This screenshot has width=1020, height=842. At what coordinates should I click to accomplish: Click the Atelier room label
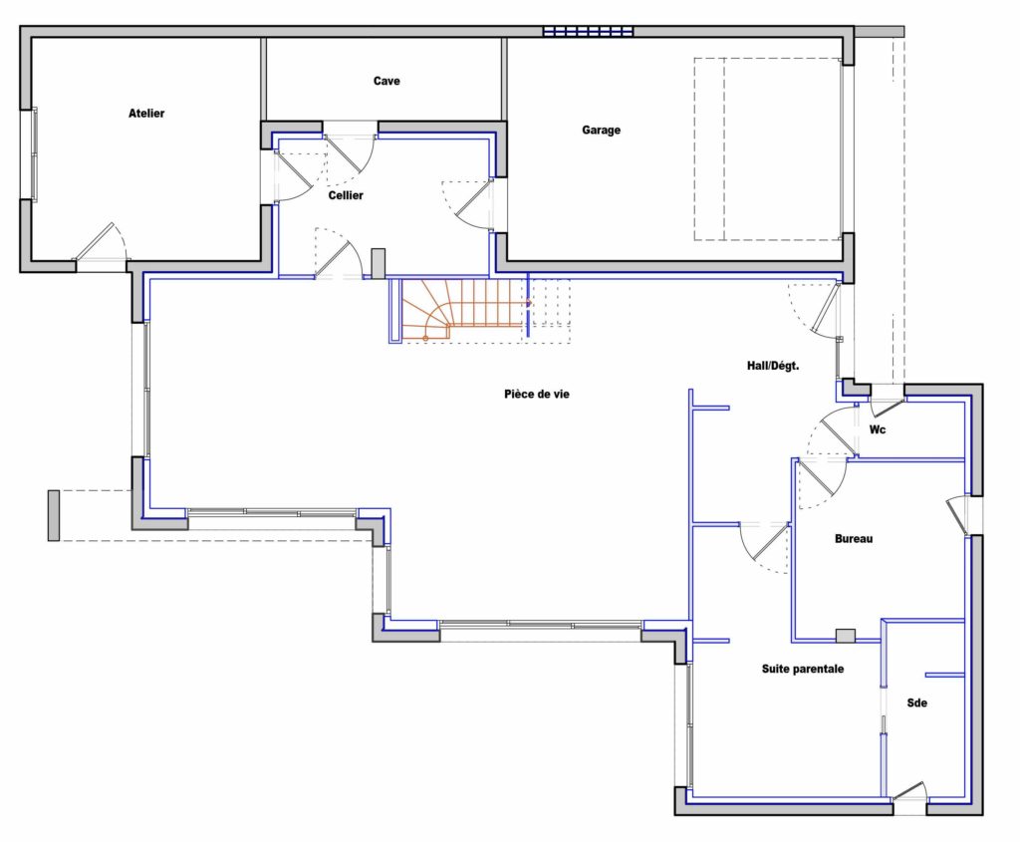coord(146,114)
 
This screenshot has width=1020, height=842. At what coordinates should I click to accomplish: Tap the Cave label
coord(386,81)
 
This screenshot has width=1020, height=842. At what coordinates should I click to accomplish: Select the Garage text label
coord(601,131)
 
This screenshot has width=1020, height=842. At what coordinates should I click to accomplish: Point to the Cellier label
coord(346,195)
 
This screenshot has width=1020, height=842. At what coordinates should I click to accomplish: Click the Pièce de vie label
coord(537,394)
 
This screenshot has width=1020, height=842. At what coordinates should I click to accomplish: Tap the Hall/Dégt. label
coord(773,366)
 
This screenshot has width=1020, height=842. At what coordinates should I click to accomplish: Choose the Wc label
coord(878,429)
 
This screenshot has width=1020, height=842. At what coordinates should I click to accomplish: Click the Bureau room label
coord(854,539)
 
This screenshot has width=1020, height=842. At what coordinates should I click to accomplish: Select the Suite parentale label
coord(803,669)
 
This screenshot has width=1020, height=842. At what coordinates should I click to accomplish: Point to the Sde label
coord(916,702)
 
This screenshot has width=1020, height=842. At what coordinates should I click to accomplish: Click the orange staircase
coord(464,310)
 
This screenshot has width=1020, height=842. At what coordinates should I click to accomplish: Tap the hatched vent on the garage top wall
coord(588,31)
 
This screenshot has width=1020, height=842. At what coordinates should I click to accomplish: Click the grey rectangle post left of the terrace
coord(54,515)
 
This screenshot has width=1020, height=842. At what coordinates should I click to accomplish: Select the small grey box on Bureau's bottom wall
coord(845,636)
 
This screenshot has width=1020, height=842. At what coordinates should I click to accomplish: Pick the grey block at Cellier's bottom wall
coord(378,263)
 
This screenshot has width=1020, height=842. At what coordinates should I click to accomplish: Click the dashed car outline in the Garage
coord(768,149)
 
